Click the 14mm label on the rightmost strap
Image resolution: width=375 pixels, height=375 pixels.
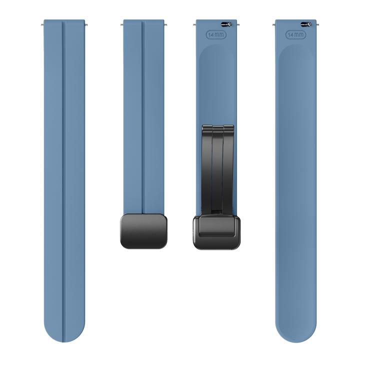click(x=295, y=35)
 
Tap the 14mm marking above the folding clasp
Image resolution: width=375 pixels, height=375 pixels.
click(x=216, y=35)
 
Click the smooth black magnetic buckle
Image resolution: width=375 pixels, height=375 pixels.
click(x=144, y=230)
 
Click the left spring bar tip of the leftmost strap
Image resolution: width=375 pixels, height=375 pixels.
click(x=44, y=23)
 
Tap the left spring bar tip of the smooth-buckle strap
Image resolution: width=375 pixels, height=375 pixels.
click(x=122, y=23)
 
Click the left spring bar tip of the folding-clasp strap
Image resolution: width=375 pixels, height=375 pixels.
click(x=195, y=23)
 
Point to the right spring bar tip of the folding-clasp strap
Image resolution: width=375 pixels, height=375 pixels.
click(x=237, y=23)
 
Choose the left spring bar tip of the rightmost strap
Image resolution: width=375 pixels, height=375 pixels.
click(x=274, y=23)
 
